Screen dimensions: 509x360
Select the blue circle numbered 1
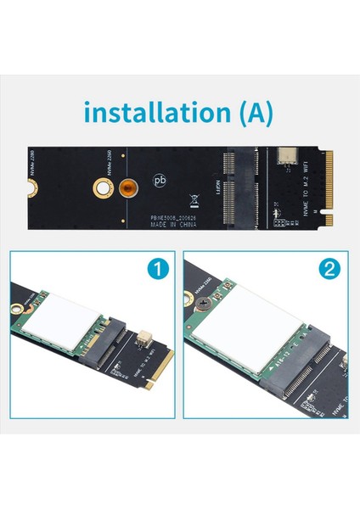[x=158, y=271]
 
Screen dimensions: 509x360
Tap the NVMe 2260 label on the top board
[x=109, y=159]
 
